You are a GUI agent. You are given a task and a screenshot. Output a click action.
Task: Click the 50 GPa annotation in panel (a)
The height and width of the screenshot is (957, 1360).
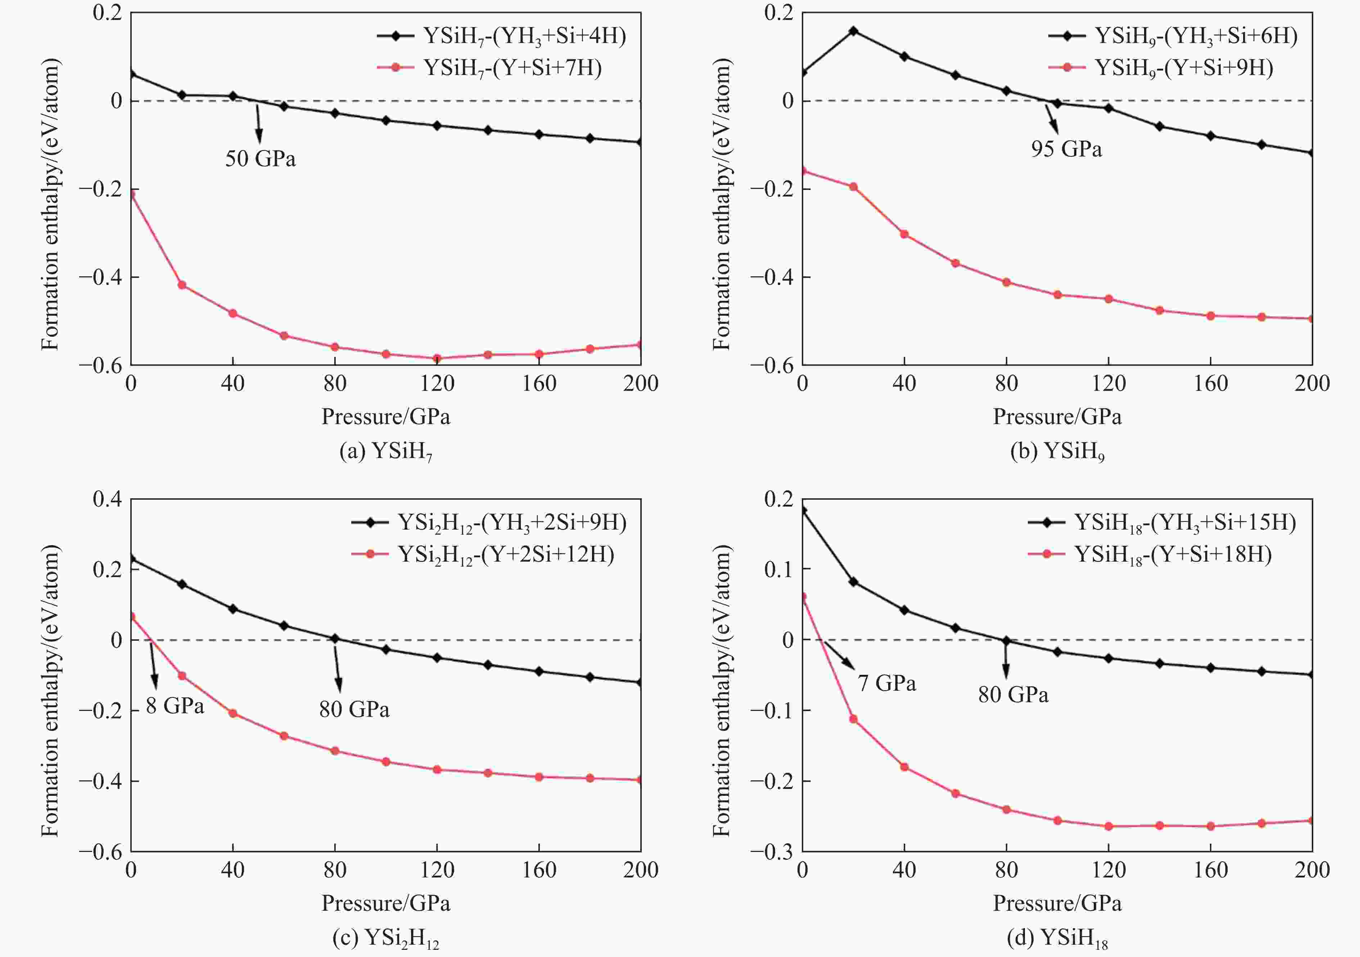point(260,159)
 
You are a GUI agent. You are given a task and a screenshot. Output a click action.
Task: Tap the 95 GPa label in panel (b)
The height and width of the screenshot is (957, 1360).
point(1066,149)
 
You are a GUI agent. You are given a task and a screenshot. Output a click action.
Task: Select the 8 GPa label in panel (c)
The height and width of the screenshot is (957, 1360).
point(175,705)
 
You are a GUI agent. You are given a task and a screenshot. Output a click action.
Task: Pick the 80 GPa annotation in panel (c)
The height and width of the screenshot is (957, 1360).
point(354,709)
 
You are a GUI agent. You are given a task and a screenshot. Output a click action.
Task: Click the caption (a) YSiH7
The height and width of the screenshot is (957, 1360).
point(385,452)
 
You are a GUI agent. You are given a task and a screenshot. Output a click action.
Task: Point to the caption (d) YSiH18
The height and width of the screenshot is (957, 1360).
point(1057,938)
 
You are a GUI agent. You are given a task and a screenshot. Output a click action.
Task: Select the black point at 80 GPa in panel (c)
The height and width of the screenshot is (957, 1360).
point(335,638)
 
